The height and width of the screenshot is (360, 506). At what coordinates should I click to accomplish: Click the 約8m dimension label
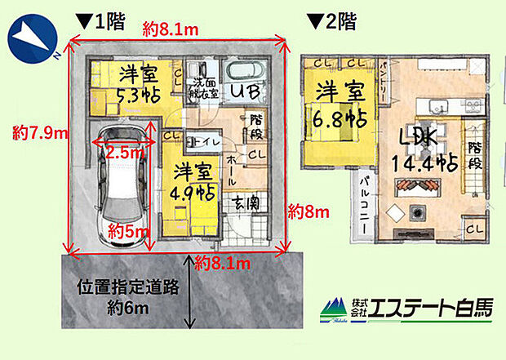(309, 212)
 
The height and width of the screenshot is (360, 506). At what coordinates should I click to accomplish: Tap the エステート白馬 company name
(430, 308)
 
